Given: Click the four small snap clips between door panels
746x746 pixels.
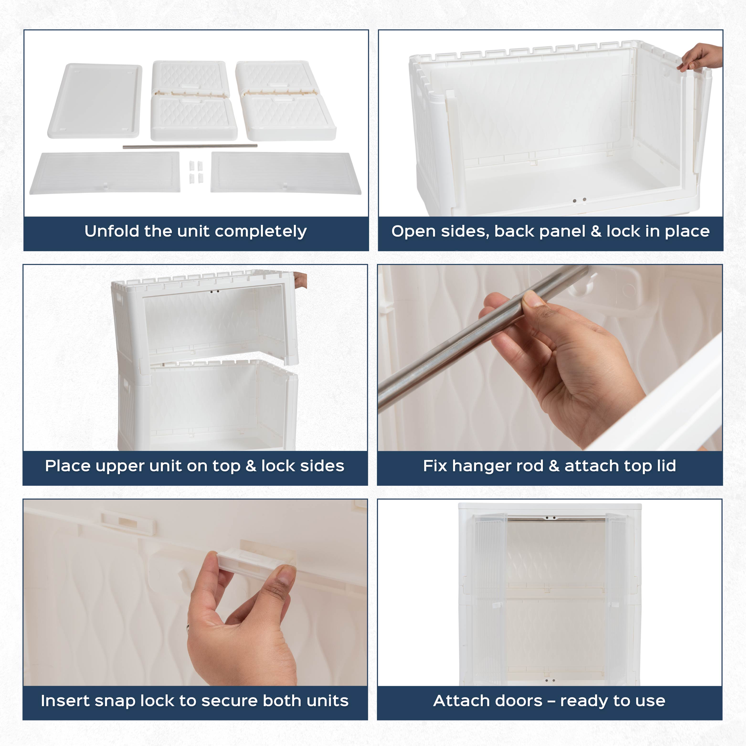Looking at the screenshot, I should pyautogui.click(x=196, y=172).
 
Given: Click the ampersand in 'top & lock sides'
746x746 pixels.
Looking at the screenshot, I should pyautogui.click(x=251, y=466).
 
